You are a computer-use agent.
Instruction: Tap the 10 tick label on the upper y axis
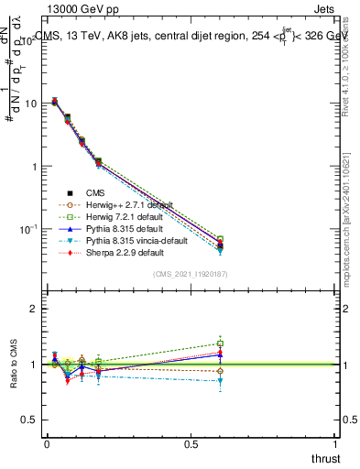tap(29, 104)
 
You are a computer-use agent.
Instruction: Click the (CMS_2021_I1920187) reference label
tap(194, 273)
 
